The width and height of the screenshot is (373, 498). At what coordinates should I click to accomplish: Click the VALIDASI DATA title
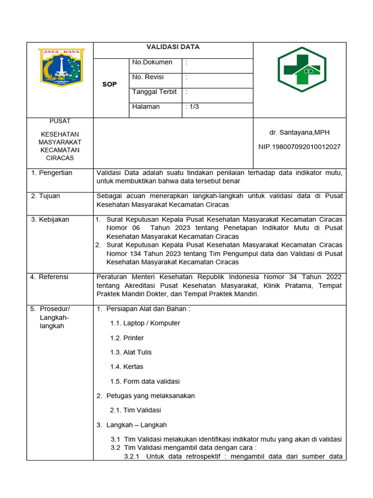tap(173, 47)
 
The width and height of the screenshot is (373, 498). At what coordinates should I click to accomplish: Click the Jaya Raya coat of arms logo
tap(62, 68)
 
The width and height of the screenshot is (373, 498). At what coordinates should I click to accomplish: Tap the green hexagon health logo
tap(299, 70)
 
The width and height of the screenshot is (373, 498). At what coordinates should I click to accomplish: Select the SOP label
tap(109, 84)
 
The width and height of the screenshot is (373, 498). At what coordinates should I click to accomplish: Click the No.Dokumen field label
tap(152, 62)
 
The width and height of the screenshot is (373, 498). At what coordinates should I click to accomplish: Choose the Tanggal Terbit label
tap(154, 92)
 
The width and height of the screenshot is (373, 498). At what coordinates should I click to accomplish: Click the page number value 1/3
tap(193, 107)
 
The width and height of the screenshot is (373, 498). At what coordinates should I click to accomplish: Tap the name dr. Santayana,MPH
tap(299, 132)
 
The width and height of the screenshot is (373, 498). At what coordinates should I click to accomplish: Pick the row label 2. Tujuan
tap(46, 196)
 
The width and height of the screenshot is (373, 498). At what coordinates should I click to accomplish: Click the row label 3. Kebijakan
tap(50, 219)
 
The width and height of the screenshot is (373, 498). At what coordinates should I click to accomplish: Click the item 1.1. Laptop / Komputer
tap(145, 323)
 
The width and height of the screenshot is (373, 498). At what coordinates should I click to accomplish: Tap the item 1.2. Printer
tap(127, 338)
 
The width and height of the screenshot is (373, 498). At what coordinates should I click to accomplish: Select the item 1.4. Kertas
tap(126, 367)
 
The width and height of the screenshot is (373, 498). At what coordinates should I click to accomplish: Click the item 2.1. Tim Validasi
tap(135, 410)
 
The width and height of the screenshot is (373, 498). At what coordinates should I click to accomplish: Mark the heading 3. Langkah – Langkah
tap(132, 425)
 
